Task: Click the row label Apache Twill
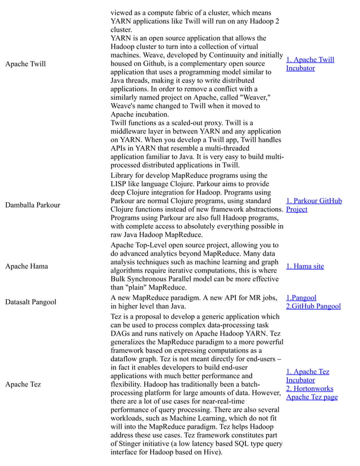click(25, 64)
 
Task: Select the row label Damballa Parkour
click(32, 205)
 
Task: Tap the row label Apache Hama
click(27, 266)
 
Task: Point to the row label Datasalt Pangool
click(30, 302)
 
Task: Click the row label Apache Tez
click(23, 384)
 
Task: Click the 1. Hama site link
click(305, 266)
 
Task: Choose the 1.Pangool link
click(301, 298)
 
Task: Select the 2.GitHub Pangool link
click(313, 306)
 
